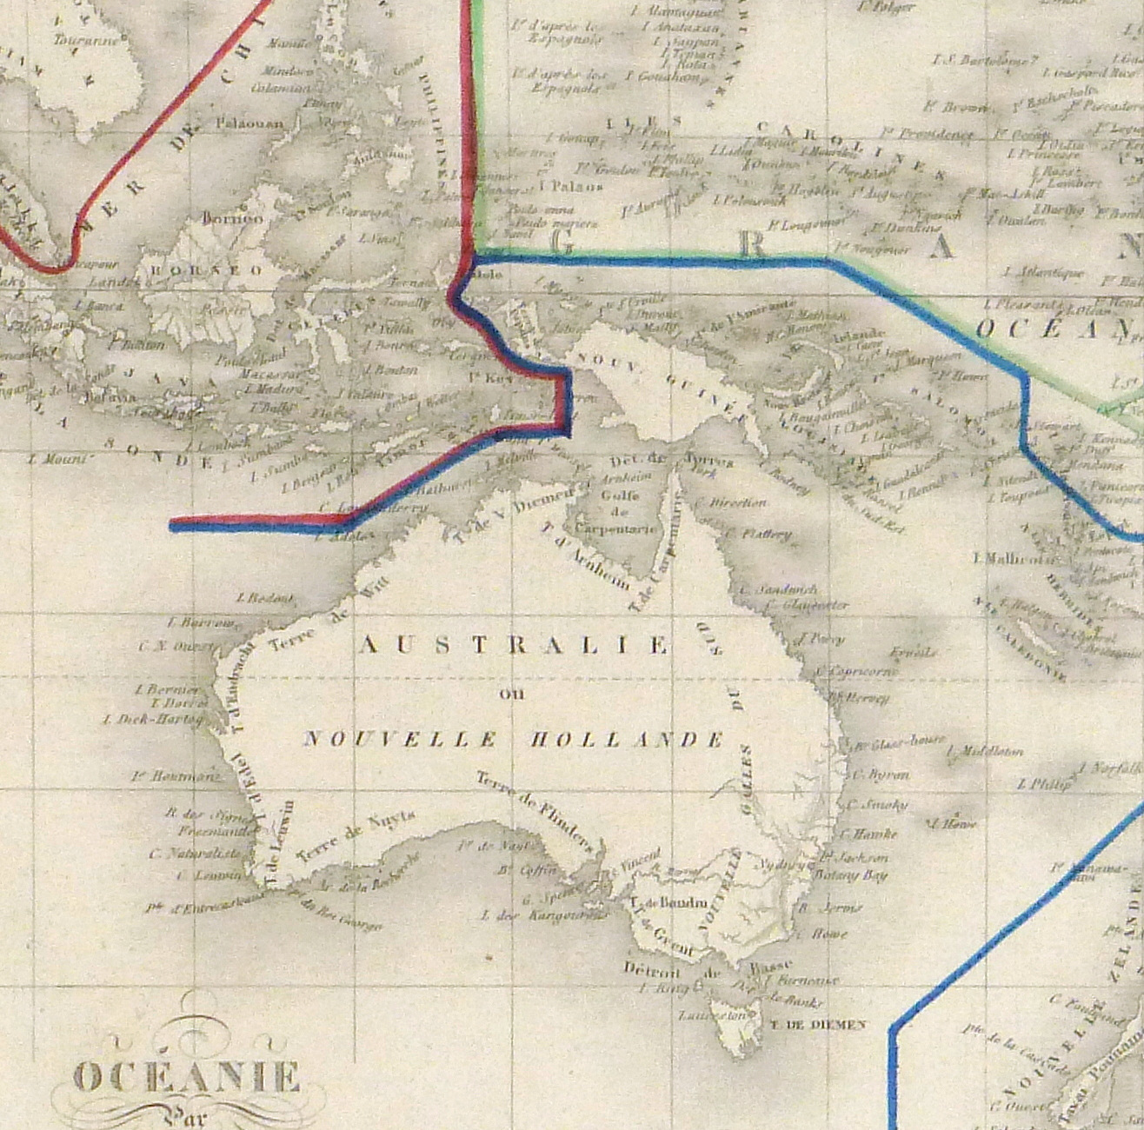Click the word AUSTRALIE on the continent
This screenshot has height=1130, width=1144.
pyautogui.click(x=515, y=645)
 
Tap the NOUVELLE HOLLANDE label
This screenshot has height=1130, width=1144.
pyautogui.click(x=513, y=740)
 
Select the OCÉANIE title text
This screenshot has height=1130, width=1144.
pyautogui.click(x=187, y=1078)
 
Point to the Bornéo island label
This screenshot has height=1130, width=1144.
pyautogui.click(x=232, y=218)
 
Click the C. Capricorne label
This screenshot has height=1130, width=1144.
pyautogui.click(x=855, y=671)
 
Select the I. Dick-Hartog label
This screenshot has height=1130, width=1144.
pyautogui.click(x=153, y=719)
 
